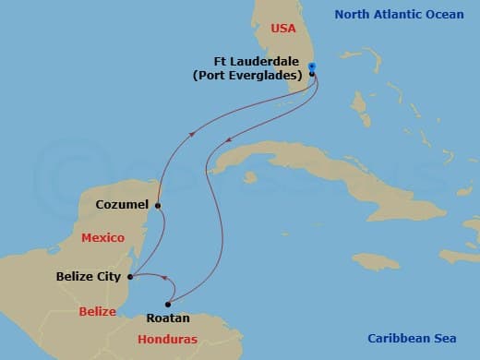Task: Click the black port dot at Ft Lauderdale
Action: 312,74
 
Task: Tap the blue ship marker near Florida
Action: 312,66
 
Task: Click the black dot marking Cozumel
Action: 158,206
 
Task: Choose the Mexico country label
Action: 102,238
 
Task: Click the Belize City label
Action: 89,276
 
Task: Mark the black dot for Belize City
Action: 130,276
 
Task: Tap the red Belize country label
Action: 97,312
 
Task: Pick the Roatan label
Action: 169,318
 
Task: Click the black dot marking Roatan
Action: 168,304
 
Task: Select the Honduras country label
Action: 167,339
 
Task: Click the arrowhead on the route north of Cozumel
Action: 193,133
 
